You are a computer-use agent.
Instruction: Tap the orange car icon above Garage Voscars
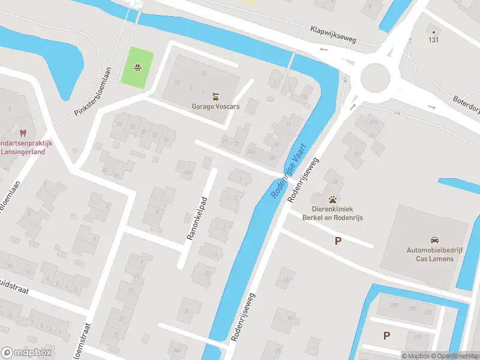coord(215,96)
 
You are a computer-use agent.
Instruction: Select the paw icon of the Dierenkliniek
coord(332,199)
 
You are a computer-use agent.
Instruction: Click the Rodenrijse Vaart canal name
coord(285,170)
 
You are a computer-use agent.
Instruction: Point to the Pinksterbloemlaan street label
coord(94,91)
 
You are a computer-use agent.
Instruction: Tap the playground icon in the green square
coord(138,67)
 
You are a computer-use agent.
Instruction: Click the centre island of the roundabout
coord(376,76)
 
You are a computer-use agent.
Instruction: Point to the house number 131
coord(433,40)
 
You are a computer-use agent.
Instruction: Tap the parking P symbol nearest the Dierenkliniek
coord(338,241)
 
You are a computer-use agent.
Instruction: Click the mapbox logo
coord(26,352)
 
